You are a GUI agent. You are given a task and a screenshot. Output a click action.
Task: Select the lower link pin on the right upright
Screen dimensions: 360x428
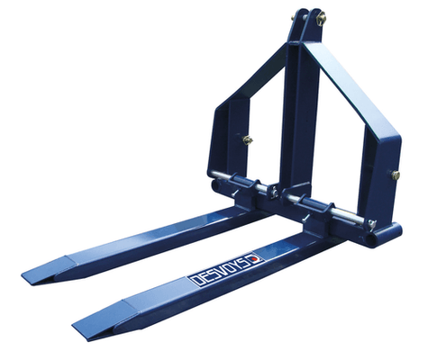click(393, 176)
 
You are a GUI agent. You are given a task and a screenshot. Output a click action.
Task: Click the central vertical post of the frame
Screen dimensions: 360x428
click(297, 117)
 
